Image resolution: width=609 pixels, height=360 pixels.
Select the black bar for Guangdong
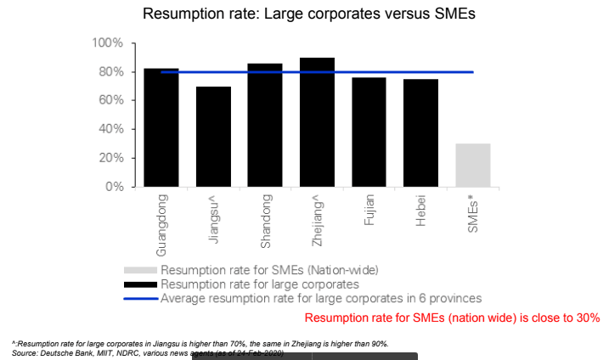coord(161,127)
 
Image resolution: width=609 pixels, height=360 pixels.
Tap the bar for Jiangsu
coord(213,136)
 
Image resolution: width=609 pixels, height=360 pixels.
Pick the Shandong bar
coord(265,125)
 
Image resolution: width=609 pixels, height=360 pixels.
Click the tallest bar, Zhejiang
coord(317,122)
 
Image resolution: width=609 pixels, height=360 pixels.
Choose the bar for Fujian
coord(369,132)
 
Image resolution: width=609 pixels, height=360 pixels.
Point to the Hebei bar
coord(420,132)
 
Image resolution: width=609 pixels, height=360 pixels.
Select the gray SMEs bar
coord(472,165)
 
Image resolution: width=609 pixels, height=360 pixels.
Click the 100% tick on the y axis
coord(108,43)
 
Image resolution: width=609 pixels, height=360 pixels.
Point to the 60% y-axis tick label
coord(110,100)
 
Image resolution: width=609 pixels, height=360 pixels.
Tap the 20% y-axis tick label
coord(110,158)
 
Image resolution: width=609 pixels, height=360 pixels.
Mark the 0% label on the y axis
coord(114,187)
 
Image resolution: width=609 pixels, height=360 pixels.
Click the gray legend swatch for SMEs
coord(140,270)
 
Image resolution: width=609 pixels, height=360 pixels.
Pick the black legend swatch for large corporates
coord(140,284)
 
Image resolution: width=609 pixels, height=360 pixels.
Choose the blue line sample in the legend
coord(140,299)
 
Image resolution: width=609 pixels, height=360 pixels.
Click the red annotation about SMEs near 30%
coord(452,318)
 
